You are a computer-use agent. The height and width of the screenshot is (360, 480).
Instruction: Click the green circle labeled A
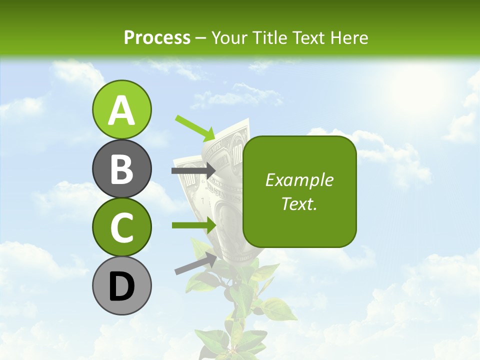point(121,109)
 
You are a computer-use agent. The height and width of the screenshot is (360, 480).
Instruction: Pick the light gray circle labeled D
point(121,285)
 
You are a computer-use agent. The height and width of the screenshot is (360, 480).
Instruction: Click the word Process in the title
point(157,37)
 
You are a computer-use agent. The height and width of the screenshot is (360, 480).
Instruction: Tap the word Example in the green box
point(299,180)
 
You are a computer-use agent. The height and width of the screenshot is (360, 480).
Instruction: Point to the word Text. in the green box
point(299,203)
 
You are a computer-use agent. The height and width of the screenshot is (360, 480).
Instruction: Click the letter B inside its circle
point(121,169)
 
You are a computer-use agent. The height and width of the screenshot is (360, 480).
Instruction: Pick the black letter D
point(121,286)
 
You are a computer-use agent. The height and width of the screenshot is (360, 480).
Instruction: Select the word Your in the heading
point(229,37)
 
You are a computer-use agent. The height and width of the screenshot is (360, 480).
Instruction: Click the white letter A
point(121,110)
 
